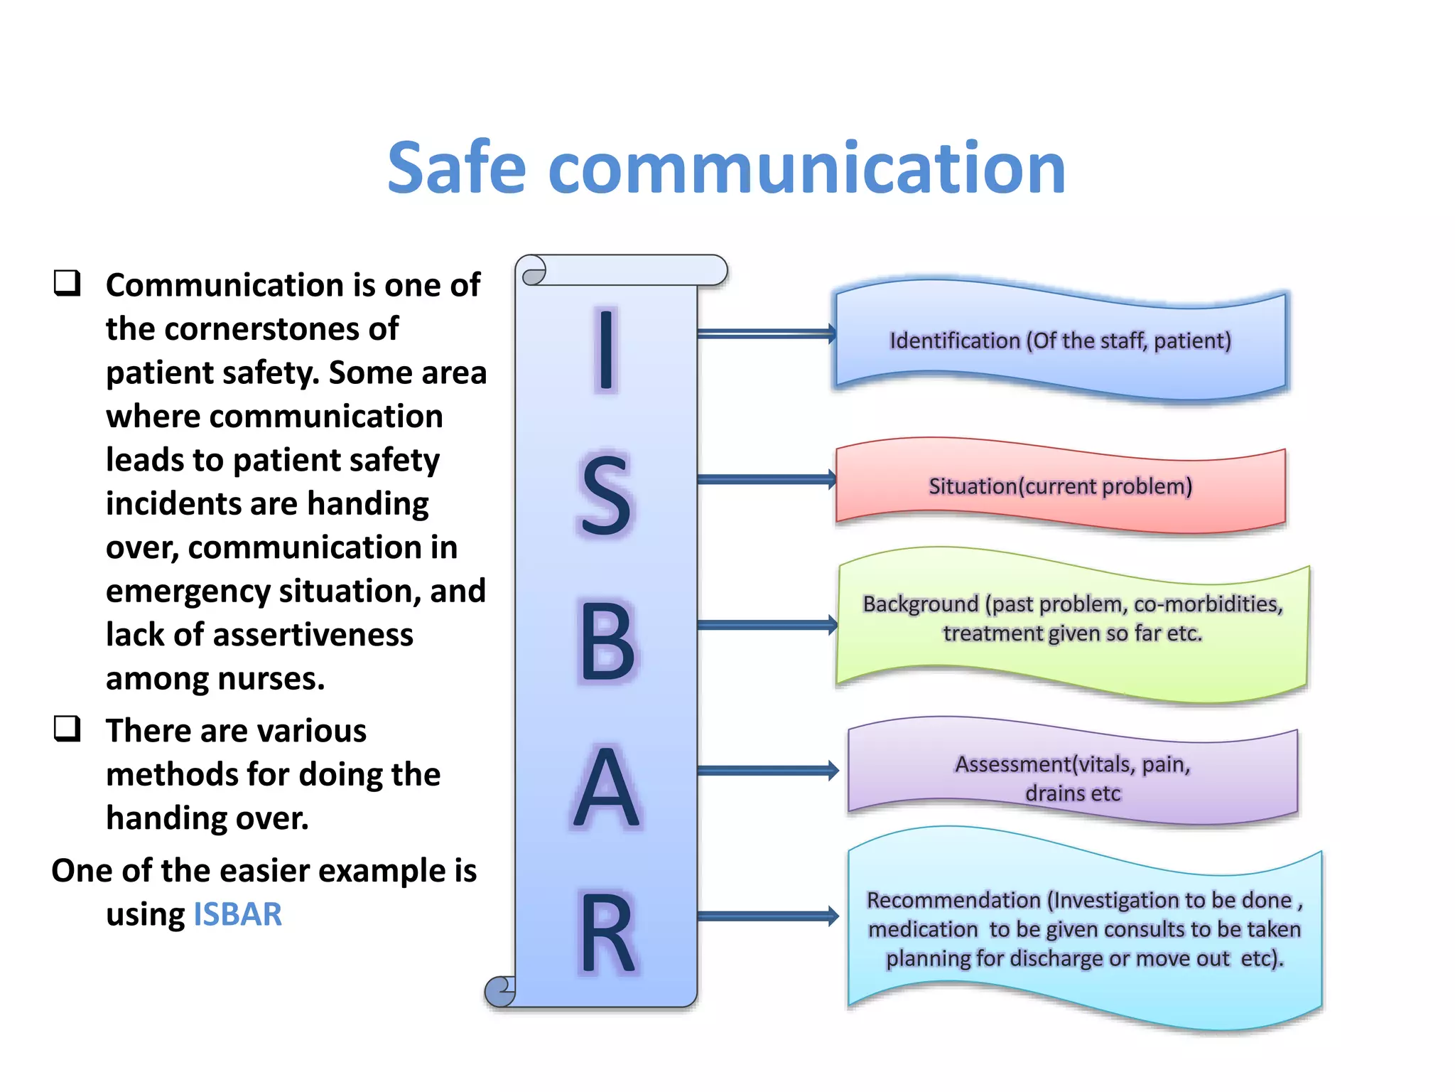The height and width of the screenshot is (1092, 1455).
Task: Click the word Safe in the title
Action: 456,168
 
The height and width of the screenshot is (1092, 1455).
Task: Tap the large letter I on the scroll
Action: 605,350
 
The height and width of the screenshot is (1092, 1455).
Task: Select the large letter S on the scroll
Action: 605,496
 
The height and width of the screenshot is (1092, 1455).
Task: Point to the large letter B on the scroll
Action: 606,642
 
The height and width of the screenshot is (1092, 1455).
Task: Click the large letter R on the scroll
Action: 606,933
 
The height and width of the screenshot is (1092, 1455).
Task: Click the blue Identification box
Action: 1060,341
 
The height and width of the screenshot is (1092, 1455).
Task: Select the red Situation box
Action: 1060,486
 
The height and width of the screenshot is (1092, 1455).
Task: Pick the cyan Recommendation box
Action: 1084,928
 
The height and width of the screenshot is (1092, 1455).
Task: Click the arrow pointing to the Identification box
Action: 766,333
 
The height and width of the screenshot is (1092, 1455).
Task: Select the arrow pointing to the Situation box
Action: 766,479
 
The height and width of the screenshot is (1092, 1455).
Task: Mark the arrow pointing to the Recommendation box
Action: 767,916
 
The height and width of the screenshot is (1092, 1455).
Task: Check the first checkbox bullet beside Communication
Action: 67,283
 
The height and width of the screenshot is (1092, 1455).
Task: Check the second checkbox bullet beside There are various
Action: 67,729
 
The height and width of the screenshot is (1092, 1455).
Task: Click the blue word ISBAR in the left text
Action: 237,914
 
